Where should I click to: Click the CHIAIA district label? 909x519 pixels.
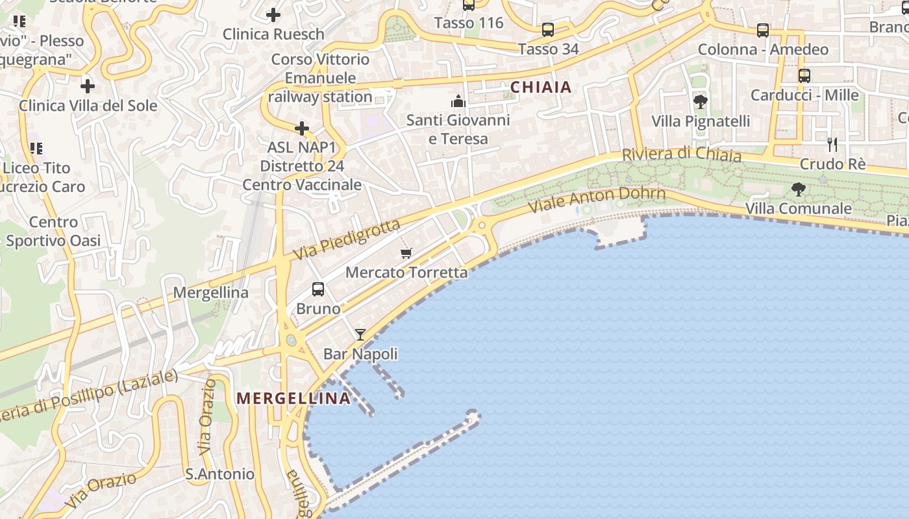(541, 87)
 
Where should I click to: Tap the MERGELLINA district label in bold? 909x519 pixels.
(294, 398)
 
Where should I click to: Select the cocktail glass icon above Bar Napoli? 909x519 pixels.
(360, 335)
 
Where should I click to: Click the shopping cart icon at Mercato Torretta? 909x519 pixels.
(406, 253)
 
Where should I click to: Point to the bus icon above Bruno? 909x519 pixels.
(318, 289)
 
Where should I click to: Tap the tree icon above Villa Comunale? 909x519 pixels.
(799, 189)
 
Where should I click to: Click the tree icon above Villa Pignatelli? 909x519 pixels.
(701, 102)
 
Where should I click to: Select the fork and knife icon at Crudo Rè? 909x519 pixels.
(832, 144)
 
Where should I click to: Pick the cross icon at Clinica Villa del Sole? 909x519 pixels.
(88, 86)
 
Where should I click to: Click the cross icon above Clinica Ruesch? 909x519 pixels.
(273, 14)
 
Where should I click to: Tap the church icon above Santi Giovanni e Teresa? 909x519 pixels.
(458, 101)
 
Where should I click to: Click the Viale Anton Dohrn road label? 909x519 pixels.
(597, 199)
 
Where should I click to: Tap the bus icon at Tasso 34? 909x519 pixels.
(548, 29)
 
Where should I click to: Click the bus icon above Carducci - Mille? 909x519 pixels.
(804, 75)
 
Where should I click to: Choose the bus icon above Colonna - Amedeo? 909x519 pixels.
(763, 30)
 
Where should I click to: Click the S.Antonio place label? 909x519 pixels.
(220, 474)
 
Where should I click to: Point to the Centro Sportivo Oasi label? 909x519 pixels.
(53, 232)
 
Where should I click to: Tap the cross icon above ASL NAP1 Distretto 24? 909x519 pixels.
(302, 128)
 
